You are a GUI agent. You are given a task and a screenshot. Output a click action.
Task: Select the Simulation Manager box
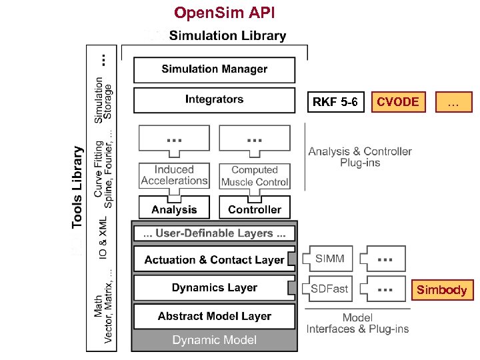214,69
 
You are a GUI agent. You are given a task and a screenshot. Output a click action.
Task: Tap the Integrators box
214,100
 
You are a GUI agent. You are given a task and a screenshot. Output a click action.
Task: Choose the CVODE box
397,101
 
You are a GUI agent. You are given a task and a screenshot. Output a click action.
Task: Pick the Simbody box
441,290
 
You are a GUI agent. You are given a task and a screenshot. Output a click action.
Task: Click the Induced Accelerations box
175,175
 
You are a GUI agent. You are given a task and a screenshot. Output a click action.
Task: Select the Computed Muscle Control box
255,176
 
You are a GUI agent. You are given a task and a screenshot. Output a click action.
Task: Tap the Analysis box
174,209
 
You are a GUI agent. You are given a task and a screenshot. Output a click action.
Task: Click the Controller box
255,209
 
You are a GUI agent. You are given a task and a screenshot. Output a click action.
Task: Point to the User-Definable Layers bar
215,233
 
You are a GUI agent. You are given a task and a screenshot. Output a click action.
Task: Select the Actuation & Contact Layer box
214,260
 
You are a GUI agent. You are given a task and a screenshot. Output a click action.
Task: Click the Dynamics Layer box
214,288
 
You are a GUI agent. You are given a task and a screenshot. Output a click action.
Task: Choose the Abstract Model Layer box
214,316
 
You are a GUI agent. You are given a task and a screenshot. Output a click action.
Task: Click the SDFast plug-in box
330,289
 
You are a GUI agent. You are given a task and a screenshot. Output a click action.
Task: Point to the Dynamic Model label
214,340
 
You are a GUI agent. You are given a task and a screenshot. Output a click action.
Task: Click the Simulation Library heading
227,36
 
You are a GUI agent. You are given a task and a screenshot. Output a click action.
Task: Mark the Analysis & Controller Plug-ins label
360,157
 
